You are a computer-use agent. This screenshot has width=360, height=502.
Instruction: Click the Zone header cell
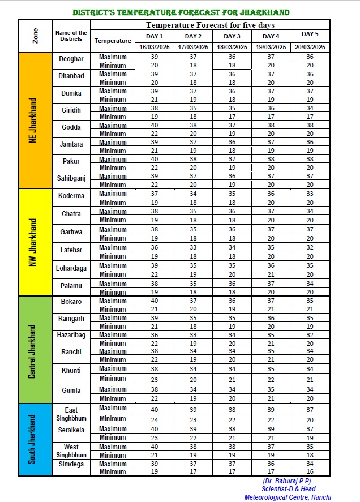click(x=36, y=36)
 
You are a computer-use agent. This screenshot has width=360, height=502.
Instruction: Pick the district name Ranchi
click(x=71, y=352)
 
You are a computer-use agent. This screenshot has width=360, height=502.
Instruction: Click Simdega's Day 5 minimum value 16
click(x=310, y=471)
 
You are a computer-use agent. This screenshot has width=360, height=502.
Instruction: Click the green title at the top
click(x=181, y=12)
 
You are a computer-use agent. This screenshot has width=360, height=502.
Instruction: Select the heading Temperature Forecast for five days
click(x=210, y=25)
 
